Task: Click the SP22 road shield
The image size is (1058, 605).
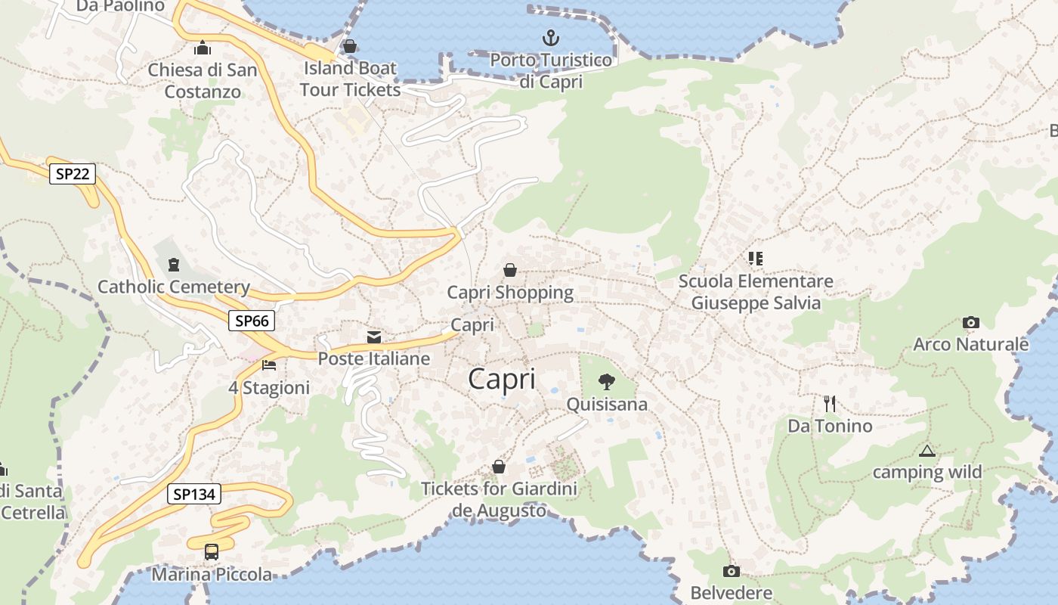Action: (73, 174)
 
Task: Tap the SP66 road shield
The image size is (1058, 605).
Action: (252, 321)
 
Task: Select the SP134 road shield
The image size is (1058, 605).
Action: (194, 495)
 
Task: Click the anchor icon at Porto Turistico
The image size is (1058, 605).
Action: (551, 37)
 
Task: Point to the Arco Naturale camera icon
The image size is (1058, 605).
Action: (971, 323)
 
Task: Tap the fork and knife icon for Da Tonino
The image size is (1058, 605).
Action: (830, 403)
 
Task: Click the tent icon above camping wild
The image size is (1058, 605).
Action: (927, 451)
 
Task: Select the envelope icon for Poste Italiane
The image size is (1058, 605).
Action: (374, 337)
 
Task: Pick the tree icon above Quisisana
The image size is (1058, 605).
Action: (606, 381)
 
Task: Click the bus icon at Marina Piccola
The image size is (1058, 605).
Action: (212, 552)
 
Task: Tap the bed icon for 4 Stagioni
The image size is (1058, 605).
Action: (269, 365)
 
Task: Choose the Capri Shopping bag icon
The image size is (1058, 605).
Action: (510, 270)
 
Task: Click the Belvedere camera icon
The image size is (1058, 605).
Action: (731, 571)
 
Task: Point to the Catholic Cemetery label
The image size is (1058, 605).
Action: (174, 287)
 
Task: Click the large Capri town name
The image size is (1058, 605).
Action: (502, 379)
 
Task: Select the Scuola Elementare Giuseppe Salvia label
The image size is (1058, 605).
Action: (756, 292)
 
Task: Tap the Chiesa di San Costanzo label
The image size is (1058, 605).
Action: (203, 81)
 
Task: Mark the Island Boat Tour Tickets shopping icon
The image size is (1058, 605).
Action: (349, 47)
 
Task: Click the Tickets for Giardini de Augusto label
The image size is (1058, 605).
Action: (499, 499)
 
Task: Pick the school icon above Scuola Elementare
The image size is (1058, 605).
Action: (755, 259)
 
